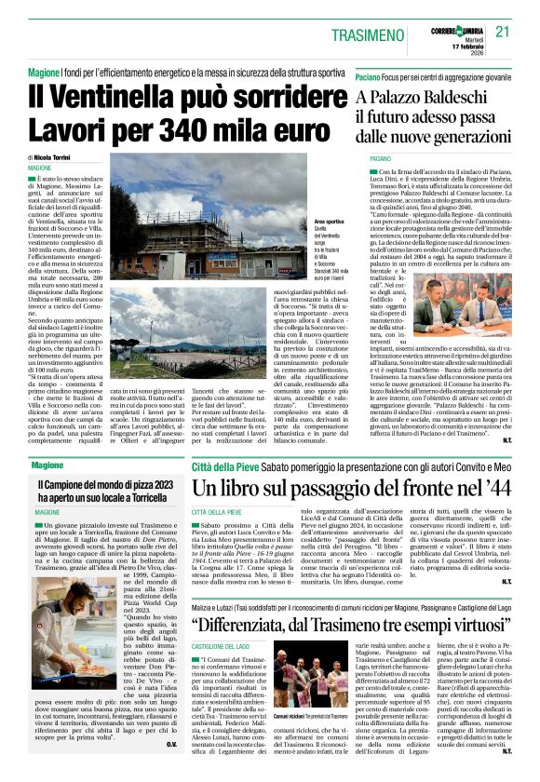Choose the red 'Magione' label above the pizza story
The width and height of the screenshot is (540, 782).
(x=47, y=464)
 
